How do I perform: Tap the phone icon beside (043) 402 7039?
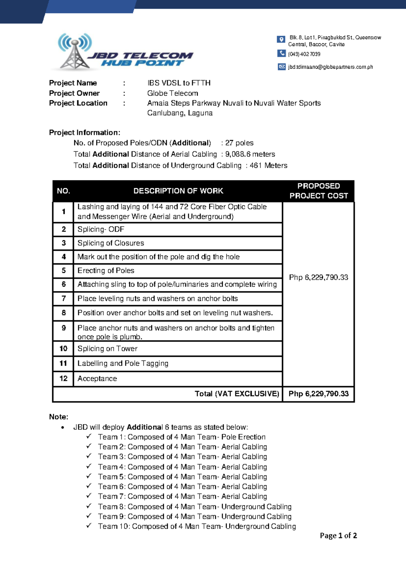[x=281, y=53]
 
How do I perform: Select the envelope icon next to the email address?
[x=281, y=67]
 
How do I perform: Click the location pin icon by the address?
[x=281, y=40]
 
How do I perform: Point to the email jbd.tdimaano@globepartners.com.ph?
[x=330, y=67]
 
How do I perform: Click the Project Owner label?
[x=74, y=93]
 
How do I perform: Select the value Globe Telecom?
[x=173, y=93]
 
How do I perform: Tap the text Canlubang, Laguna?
[x=180, y=113]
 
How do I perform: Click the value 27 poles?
[x=239, y=143]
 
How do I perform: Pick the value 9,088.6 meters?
[x=250, y=154]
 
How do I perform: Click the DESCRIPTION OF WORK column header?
[x=178, y=191]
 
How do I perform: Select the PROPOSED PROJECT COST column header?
[x=318, y=191]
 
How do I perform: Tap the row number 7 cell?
[x=64, y=299]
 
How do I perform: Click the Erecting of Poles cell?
[x=106, y=270]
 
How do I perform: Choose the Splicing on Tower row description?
[x=107, y=349]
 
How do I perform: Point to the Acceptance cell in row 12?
[x=97, y=378]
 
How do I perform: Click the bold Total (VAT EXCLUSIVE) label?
[x=237, y=394]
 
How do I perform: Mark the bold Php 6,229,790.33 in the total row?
[x=318, y=394]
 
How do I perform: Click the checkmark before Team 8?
[x=89, y=506]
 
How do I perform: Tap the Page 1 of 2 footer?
[x=338, y=535]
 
